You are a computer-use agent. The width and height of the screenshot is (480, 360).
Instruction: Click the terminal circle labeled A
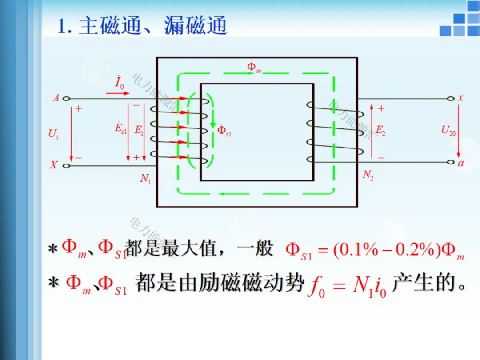click(x=67, y=99)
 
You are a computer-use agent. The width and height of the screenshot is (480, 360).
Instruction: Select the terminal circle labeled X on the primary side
click(x=67, y=166)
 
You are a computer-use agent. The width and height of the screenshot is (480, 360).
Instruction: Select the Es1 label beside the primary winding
click(x=120, y=129)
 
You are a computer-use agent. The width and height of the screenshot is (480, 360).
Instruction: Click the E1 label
click(x=139, y=130)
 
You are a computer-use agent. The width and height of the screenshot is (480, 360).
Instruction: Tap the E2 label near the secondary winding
click(x=380, y=130)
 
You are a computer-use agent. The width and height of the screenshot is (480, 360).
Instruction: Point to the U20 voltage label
click(x=448, y=130)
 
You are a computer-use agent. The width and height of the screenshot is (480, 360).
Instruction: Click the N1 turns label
click(x=146, y=179)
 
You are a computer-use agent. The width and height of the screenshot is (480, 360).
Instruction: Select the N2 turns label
click(x=368, y=175)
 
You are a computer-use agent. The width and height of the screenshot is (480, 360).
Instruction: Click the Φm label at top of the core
click(x=254, y=68)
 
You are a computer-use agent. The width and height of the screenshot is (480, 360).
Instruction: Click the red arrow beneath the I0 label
click(x=118, y=93)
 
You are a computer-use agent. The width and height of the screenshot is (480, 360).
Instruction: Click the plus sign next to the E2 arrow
click(x=381, y=108)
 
